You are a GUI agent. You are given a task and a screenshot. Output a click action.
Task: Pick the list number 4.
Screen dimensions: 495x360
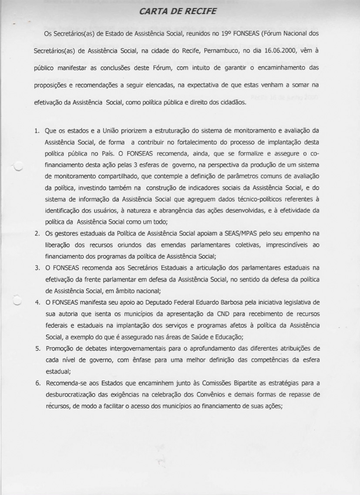point(37,302)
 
